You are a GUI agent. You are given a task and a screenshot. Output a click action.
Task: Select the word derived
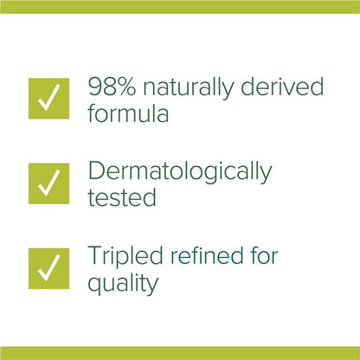pyautogui.click(x=285, y=87)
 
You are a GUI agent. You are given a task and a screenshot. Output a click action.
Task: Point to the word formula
pyautogui.click(x=127, y=113)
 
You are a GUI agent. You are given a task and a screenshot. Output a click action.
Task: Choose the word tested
pyautogui.click(x=122, y=197)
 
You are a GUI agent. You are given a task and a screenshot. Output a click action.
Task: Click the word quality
pyautogui.click(x=123, y=282)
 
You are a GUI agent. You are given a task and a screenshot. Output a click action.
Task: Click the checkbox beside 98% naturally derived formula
pyautogui.click(x=49, y=98)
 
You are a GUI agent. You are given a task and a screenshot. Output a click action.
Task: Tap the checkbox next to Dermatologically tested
pyautogui.click(x=49, y=182)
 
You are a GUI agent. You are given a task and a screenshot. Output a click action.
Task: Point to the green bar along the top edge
pyautogui.click(x=180, y=6)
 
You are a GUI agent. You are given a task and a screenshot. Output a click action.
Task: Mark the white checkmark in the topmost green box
pyautogui.click(x=49, y=98)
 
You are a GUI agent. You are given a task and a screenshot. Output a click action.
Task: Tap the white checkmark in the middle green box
pyautogui.click(x=49, y=182)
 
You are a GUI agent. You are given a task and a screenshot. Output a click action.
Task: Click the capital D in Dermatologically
pyautogui.click(x=98, y=171)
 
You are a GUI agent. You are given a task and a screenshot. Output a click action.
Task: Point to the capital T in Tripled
pyautogui.click(x=96, y=255)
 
